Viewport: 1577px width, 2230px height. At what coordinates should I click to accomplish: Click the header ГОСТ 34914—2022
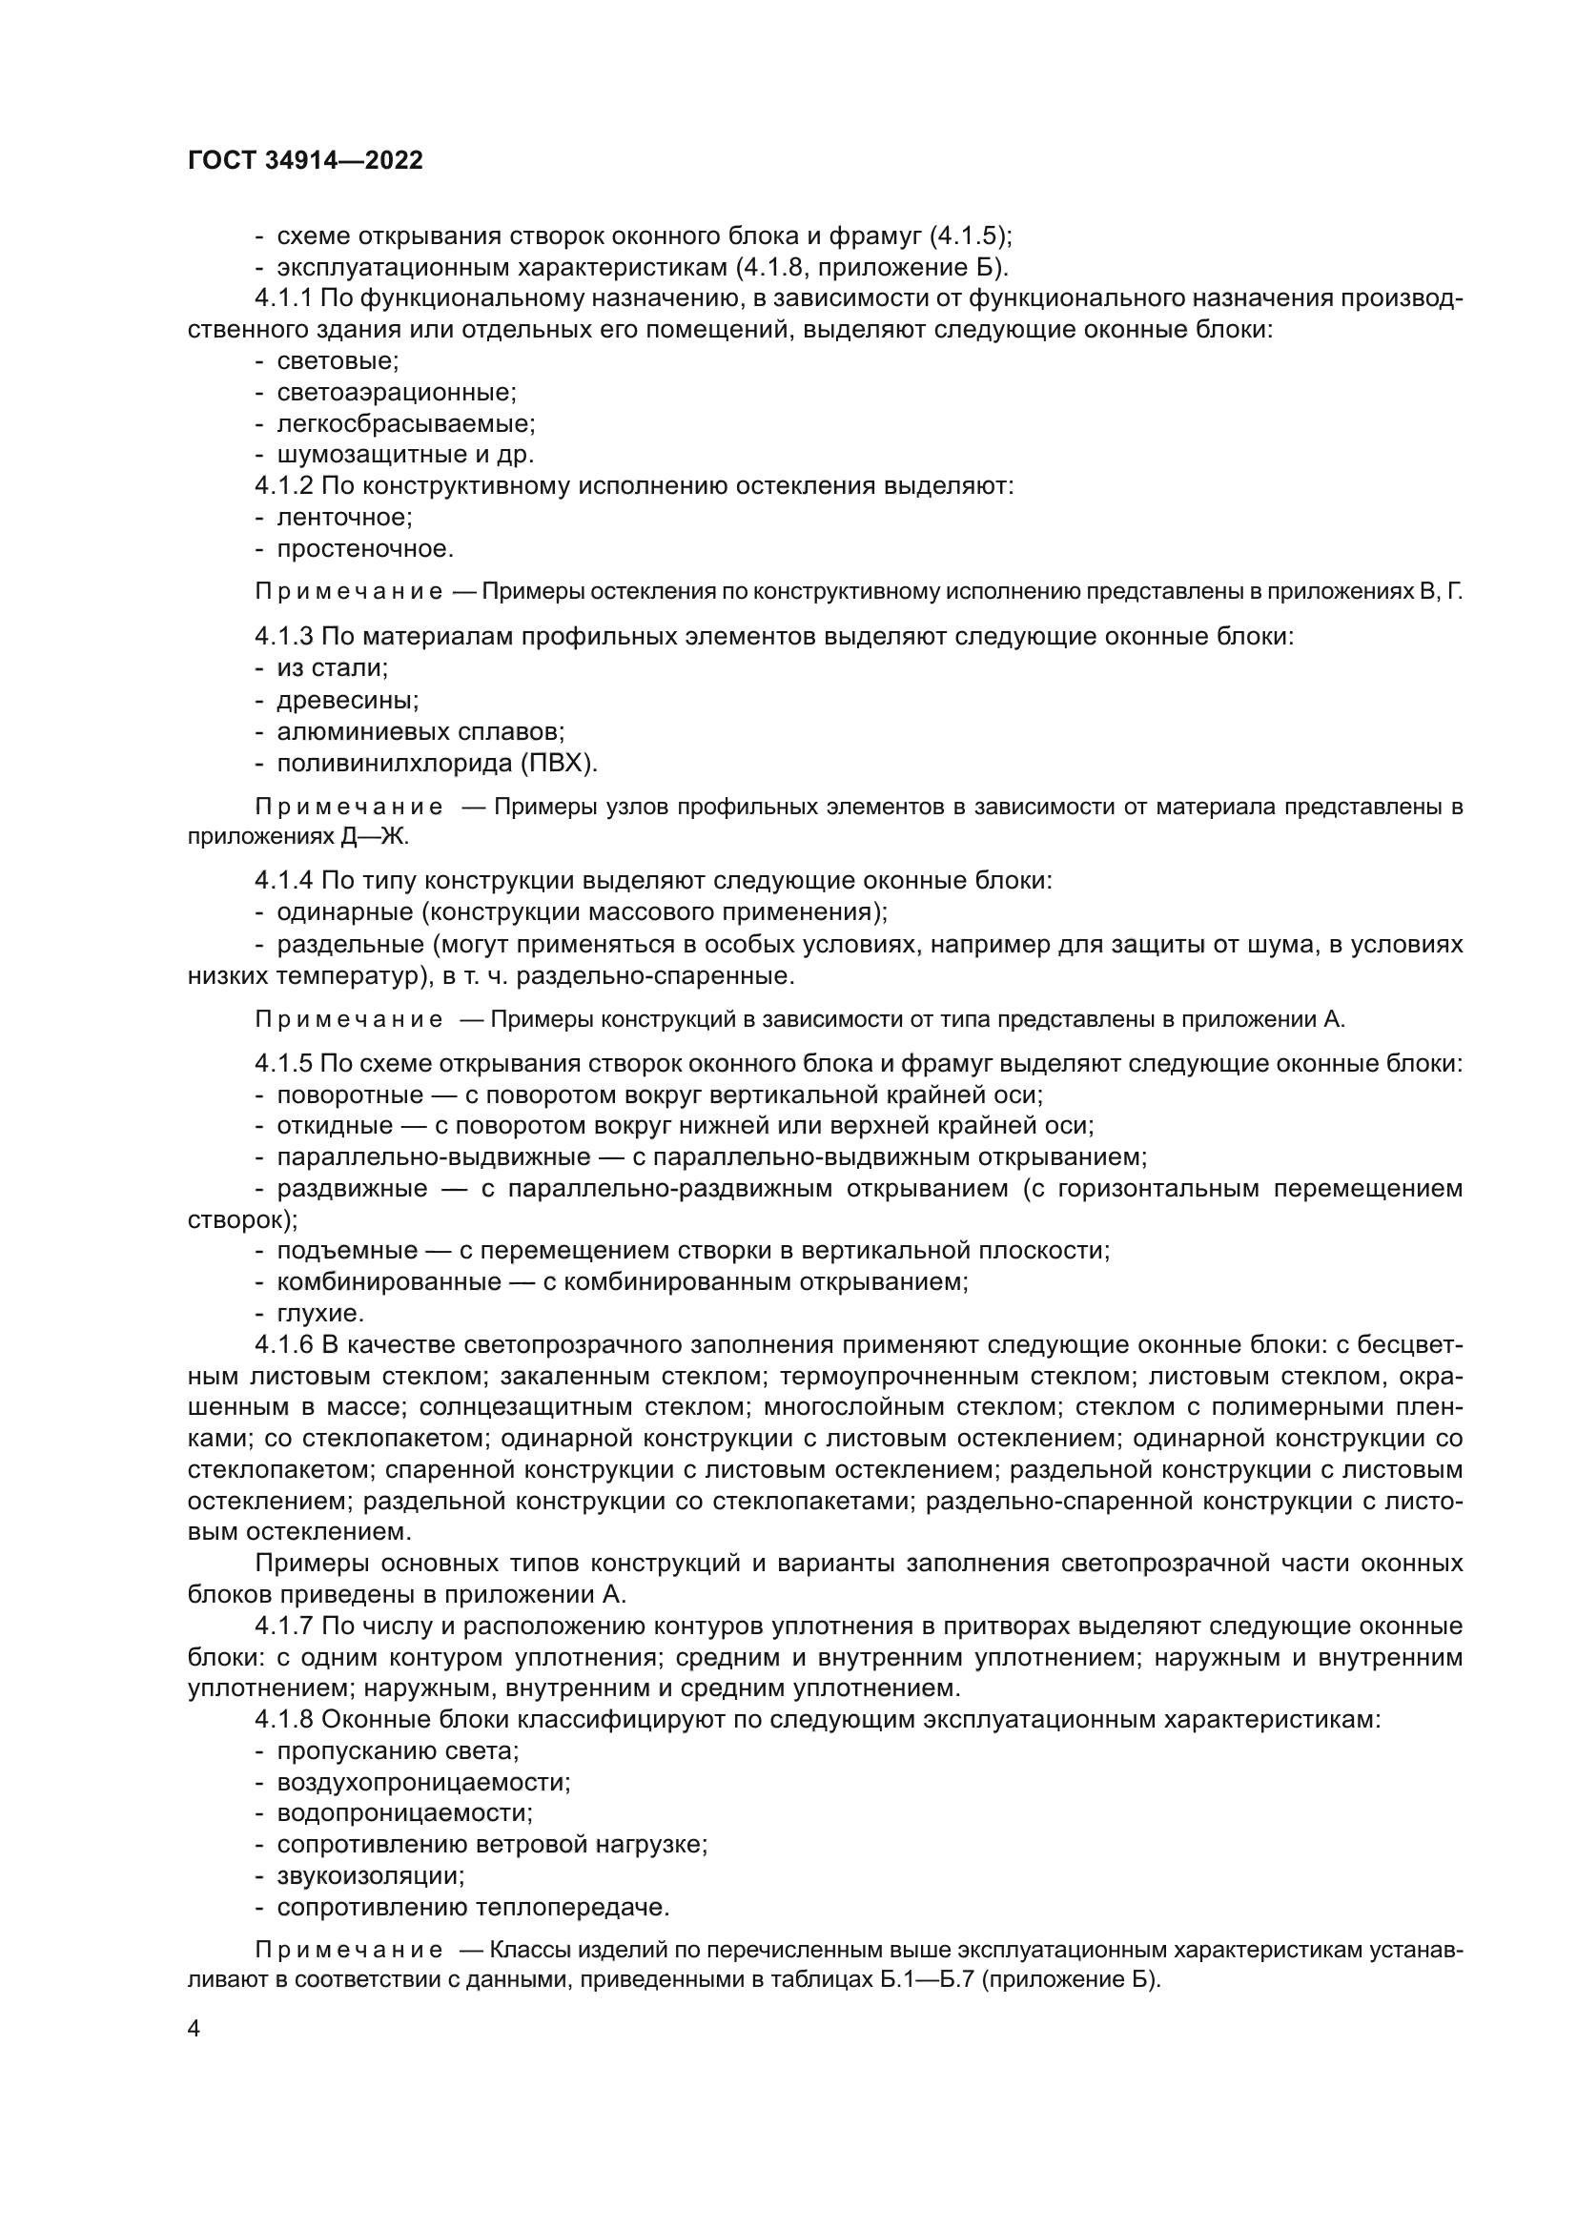click(305, 161)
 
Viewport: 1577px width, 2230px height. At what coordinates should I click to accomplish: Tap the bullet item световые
click(337, 361)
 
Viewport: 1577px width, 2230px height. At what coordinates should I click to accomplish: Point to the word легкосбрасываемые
click(405, 423)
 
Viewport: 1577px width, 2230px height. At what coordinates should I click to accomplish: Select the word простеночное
click(365, 549)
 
